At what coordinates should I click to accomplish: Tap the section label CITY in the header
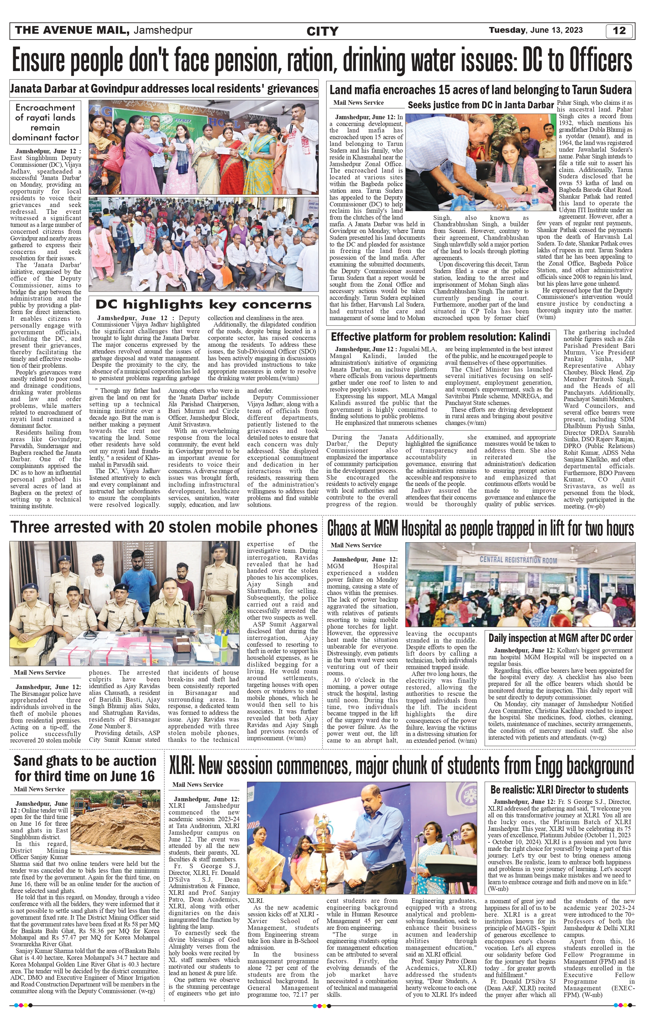(x=322, y=31)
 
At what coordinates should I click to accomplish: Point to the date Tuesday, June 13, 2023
(x=536, y=30)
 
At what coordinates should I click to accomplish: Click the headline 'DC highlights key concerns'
(x=203, y=304)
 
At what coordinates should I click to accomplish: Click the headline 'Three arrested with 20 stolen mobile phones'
(x=164, y=527)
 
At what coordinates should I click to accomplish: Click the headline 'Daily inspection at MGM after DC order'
(x=560, y=638)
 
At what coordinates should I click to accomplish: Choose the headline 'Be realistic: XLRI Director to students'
(x=559, y=790)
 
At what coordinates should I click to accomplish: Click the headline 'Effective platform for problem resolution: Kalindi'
(x=440, y=337)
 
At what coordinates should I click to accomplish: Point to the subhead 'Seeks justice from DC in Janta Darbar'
(x=480, y=105)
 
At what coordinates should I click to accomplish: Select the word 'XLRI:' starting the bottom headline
(x=182, y=767)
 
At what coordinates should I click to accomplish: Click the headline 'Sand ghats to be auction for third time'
(x=85, y=768)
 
